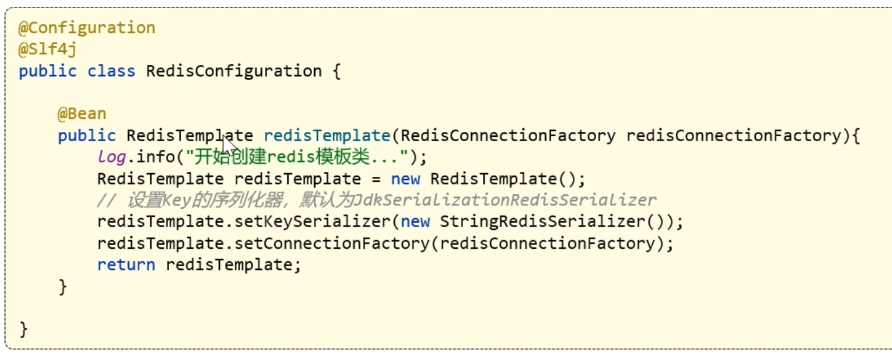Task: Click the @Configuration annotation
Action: (x=87, y=28)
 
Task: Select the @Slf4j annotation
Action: (x=47, y=49)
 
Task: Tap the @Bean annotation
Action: (x=82, y=114)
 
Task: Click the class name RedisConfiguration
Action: (x=234, y=71)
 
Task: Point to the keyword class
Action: (x=111, y=71)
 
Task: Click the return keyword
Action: (x=126, y=265)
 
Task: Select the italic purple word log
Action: (x=111, y=157)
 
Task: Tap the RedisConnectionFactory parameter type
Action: (x=508, y=136)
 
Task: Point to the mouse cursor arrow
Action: (x=228, y=145)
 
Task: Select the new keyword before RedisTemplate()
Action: (x=405, y=179)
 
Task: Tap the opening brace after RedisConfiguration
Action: (x=336, y=71)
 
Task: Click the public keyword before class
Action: (x=47, y=71)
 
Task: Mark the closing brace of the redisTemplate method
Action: (x=62, y=286)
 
